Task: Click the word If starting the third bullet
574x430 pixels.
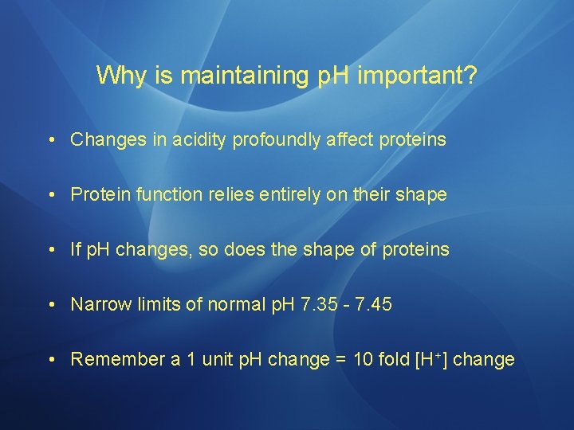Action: [x=77, y=250]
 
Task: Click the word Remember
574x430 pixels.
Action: [x=116, y=359]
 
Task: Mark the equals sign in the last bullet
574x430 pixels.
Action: [x=340, y=360]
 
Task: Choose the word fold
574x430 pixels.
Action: [x=391, y=359]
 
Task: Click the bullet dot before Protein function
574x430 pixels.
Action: [x=51, y=195]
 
